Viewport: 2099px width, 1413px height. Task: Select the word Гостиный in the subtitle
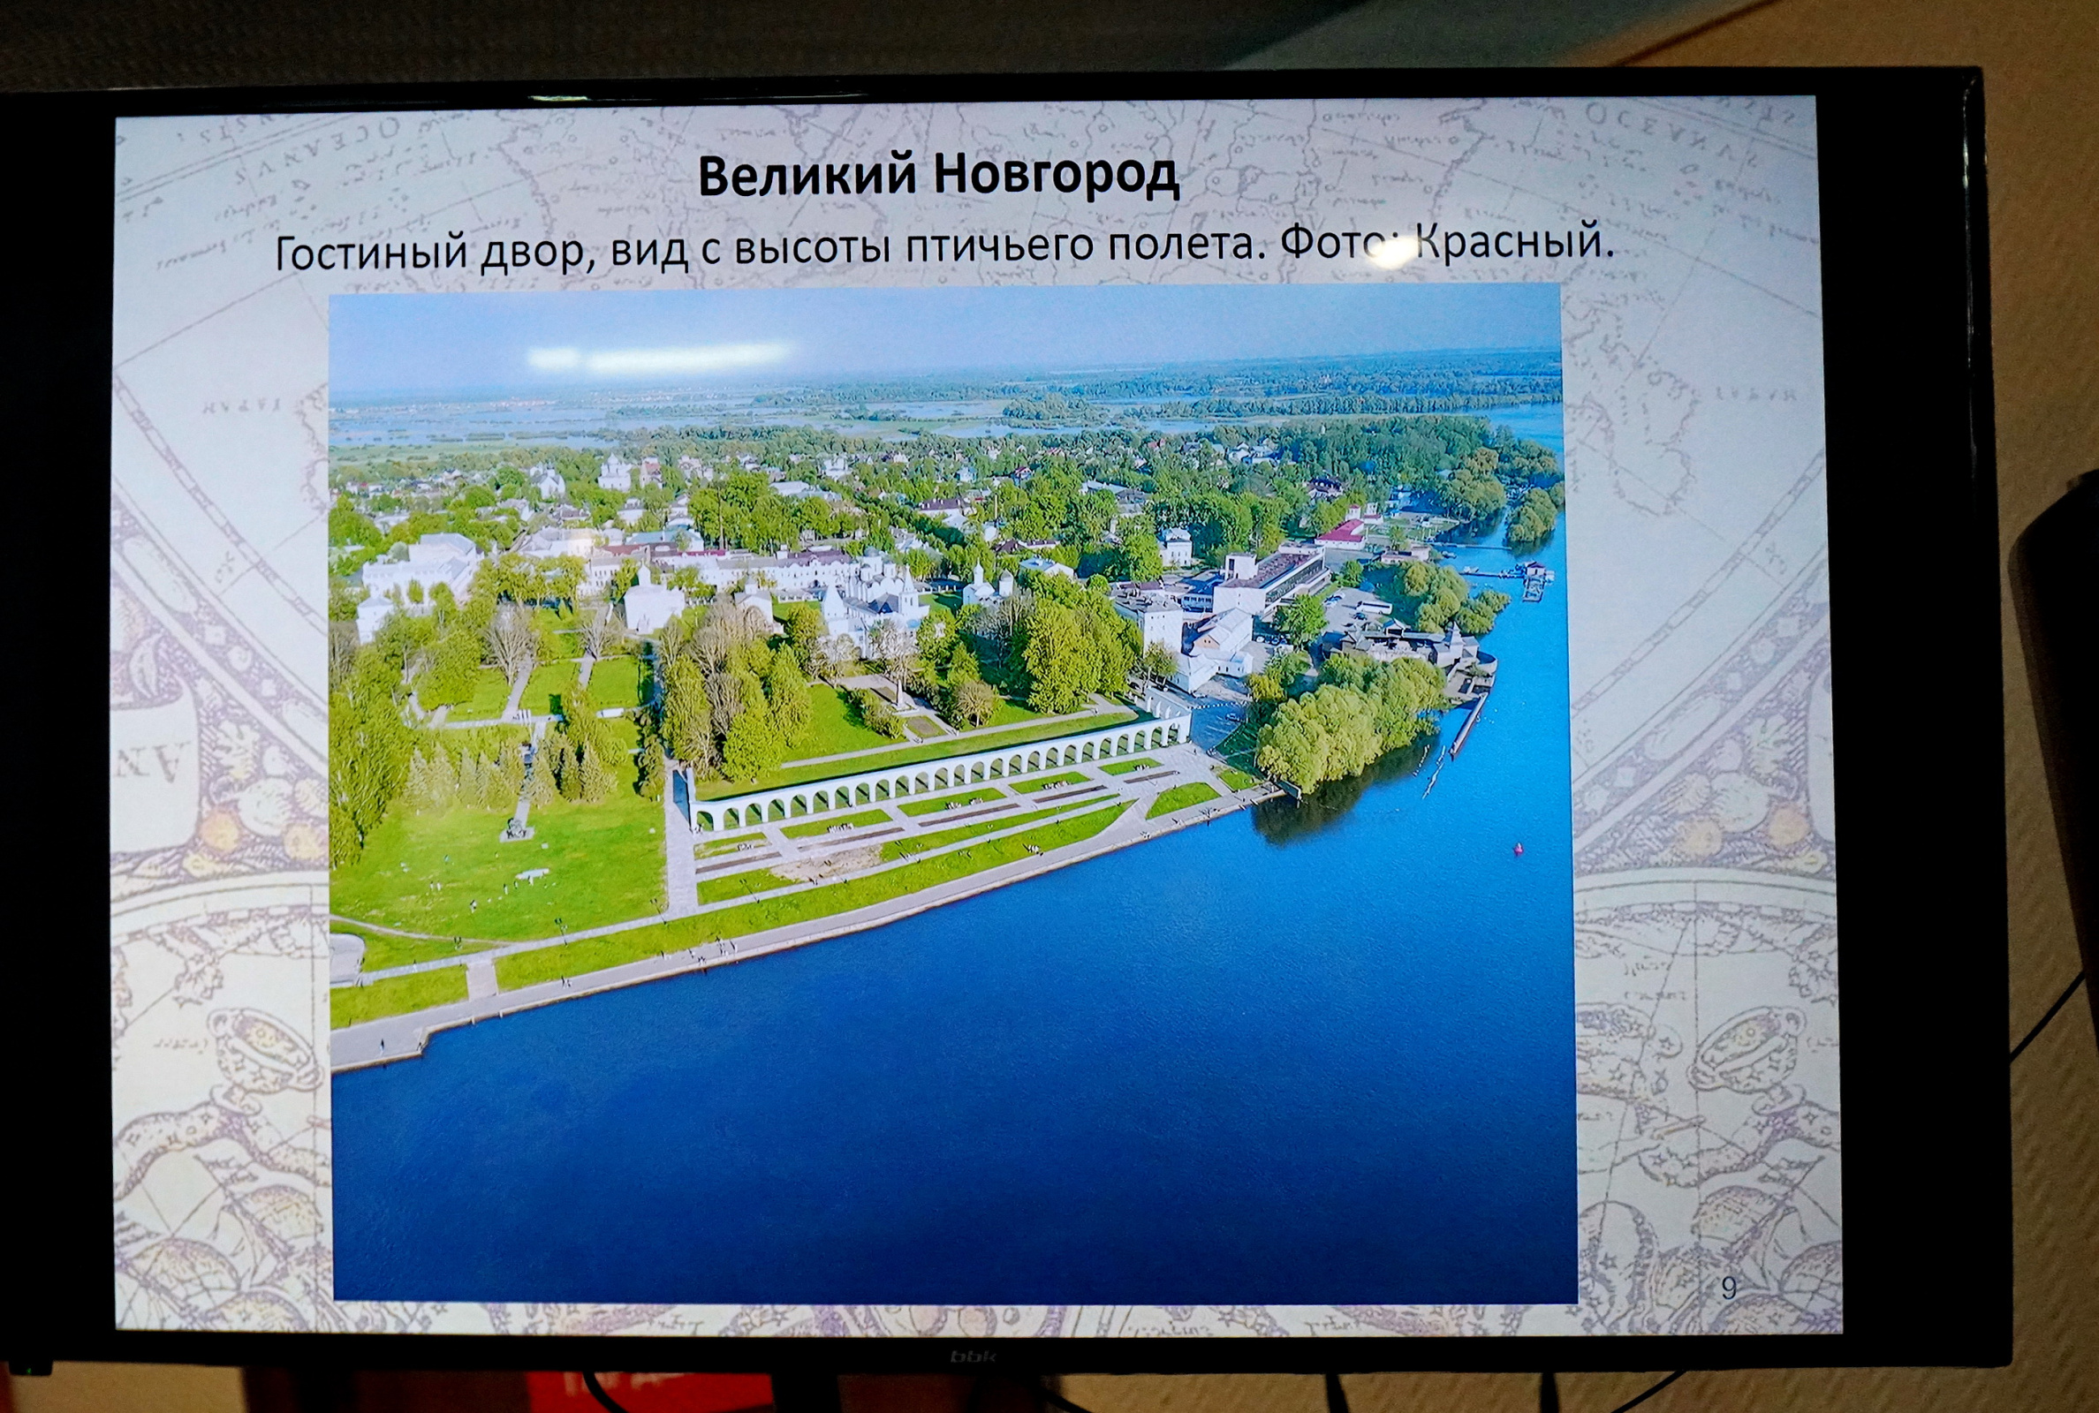point(370,252)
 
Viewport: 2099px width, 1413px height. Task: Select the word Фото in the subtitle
point(1335,242)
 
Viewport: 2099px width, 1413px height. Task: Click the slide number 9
point(1728,1288)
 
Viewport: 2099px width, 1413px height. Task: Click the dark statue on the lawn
point(519,824)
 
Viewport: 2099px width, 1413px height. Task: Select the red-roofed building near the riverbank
point(1347,533)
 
